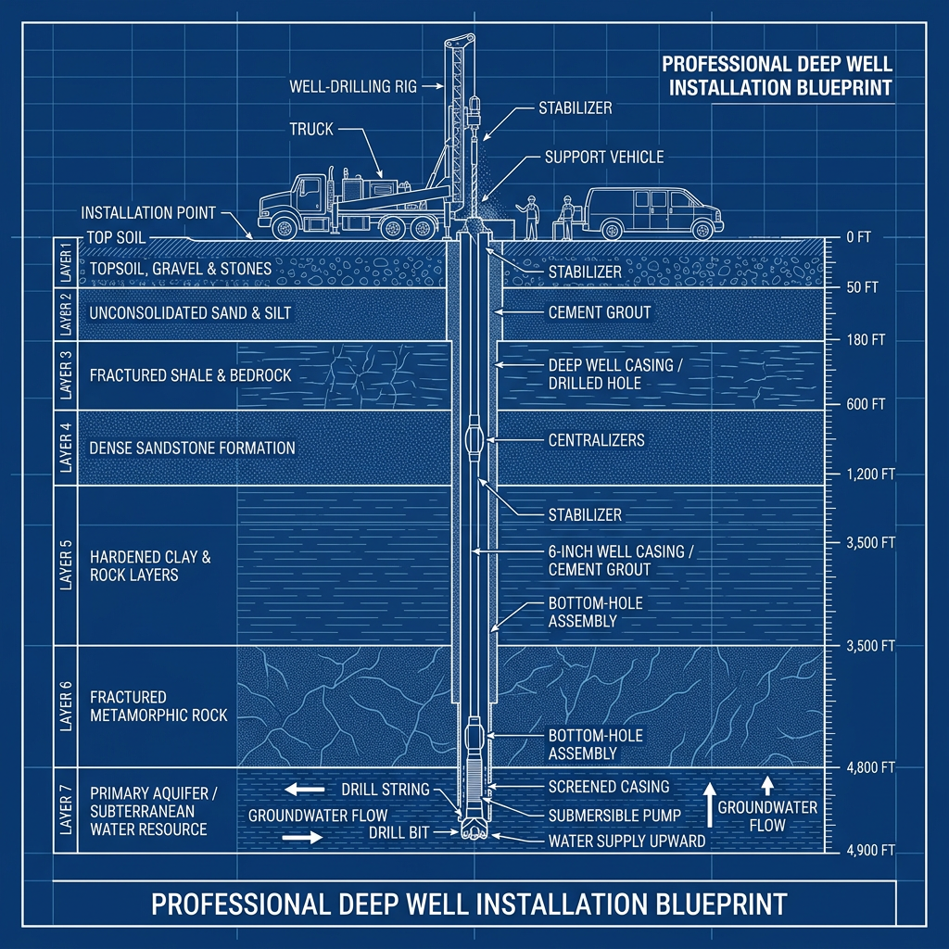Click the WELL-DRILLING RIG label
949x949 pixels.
coord(353,86)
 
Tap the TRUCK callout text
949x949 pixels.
coord(311,129)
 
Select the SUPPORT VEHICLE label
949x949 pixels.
coord(604,158)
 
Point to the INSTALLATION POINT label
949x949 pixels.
coord(148,213)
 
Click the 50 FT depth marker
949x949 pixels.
coord(862,287)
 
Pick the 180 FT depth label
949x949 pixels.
coord(866,340)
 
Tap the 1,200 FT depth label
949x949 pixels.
coord(870,474)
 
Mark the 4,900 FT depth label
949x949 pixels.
coord(870,851)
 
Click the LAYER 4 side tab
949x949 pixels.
coord(66,448)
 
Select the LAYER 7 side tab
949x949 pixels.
coord(66,810)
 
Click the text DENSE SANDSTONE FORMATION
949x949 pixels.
coord(193,449)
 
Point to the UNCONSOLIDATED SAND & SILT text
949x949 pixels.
coord(190,313)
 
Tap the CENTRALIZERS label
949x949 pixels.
coord(596,440)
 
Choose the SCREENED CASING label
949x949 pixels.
coord(609,787)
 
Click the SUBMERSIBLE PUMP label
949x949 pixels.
coord(615,816)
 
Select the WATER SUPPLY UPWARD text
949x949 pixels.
coord(626,841)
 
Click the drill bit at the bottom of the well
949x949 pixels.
coord(474,829)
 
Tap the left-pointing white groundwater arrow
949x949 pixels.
coord(304,789)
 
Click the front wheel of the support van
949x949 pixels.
coord(702,230)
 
